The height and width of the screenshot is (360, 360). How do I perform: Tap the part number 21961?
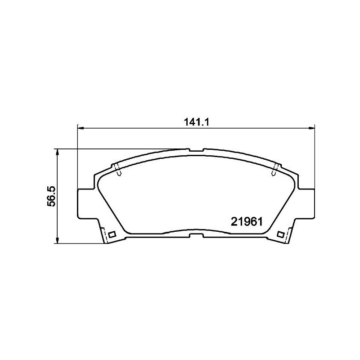[246, 222]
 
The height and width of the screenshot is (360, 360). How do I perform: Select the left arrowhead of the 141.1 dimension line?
[81, 128]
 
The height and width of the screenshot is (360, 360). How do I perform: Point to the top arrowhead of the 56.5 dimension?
[58, 152]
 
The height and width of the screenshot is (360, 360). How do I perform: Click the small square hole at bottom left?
[112, 234]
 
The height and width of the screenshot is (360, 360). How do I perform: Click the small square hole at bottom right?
[280, 234]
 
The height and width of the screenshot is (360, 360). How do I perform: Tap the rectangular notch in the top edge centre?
[197, 150]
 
